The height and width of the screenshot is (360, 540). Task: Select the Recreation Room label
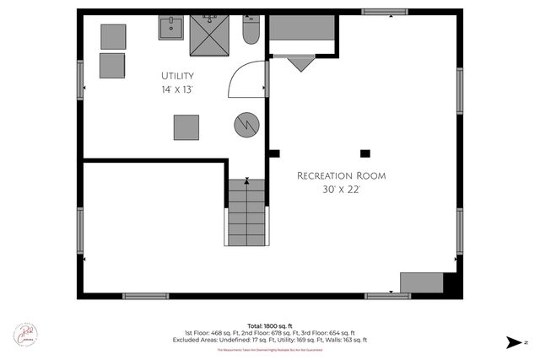[x=341, y=175]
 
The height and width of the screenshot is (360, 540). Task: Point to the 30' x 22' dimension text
[x=341, y=190]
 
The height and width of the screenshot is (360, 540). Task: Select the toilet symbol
[x=251, y=32]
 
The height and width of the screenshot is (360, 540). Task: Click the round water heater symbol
[x=246, y=126]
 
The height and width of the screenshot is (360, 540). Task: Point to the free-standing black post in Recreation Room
[x=364, y=153]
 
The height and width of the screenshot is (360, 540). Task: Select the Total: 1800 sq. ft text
[x=269, y=325]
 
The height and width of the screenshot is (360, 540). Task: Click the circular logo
[x=24, y=335]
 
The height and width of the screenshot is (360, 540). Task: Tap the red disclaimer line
[x=270, y=349]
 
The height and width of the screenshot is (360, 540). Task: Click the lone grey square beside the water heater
[x=186, y=127]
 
